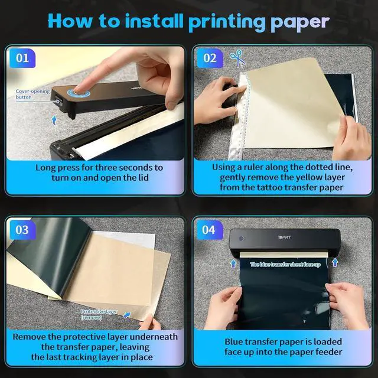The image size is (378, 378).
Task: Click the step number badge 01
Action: (22, 58)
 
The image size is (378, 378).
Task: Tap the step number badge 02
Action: (210, 58)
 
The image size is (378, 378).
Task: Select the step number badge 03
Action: (22, 230)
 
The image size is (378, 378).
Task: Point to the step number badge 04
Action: (209, 230)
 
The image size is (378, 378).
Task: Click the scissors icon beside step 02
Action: (237, 58)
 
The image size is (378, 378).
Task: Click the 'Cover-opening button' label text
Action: (32, 94)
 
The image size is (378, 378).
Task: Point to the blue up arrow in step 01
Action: (54, 120)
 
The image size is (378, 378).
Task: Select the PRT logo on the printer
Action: (285, 237)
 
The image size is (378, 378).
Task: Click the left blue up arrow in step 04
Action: (233, 263)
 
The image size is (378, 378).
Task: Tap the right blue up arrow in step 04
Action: (335, 262)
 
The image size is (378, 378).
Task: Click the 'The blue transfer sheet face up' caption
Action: (285, 265)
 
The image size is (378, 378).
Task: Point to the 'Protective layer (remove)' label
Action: (99, 315)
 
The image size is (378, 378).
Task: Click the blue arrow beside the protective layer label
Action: (127, 315)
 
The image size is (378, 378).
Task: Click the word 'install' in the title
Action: (154, 21)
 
